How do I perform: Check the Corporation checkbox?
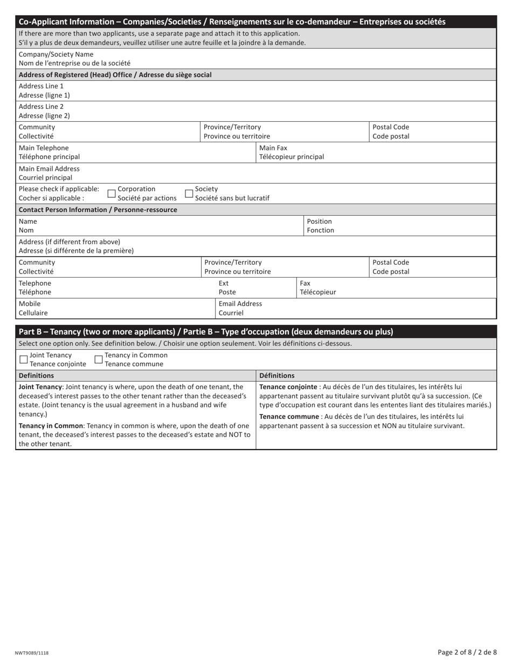click(112, 194)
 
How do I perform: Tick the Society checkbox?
click(189, 194)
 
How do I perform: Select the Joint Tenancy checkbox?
click(24, 360)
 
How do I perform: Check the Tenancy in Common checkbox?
click(99, 360)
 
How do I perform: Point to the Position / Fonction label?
click(320, 226)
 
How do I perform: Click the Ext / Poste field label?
click(227, 288)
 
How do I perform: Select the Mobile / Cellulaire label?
click(33, 308)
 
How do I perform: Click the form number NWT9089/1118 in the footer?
click(32, 653)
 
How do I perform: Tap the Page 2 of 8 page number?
click(467, 652)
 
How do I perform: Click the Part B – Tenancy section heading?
click(206, 332)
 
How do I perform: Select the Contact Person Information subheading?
click(98, 210)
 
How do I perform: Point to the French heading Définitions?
click(277, 376)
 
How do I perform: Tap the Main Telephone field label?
click(49, 153)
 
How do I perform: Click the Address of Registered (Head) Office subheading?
click(115, 75)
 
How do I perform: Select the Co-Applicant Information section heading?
click(232, 22)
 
